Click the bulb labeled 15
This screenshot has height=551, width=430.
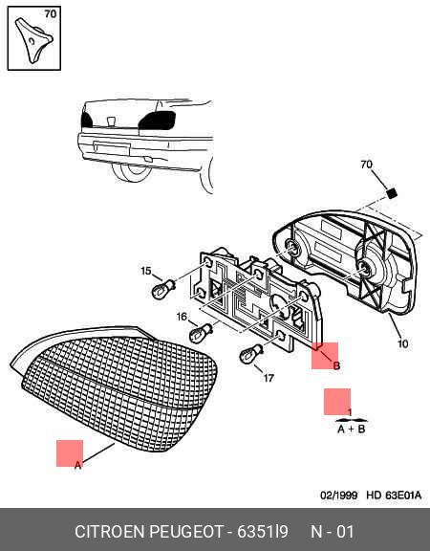click(162, 288)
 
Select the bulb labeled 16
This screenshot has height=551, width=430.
click(201, 333)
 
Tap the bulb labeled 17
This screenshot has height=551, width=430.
click(250, 354)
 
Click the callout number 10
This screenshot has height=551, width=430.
click(403, 343)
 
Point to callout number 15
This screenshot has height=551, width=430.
click(146, 271)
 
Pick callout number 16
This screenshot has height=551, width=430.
click(182, 317)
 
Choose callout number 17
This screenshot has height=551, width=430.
click(269, 378)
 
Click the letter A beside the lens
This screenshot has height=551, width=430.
click(78, 465)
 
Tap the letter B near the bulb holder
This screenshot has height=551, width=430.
click(336, 365)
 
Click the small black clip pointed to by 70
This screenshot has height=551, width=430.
click(391, 192)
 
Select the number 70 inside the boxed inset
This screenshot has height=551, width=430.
click(51, 14)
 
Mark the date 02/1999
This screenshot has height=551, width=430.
click(338, 496)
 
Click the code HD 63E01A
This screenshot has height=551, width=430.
click(394, 496)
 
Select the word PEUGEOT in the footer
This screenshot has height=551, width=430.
click(186, 532)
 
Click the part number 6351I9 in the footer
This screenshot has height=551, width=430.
click(263, 532)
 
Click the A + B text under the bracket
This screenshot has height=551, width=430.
click(351, 430)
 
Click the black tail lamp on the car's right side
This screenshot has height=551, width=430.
click(157, 121)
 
